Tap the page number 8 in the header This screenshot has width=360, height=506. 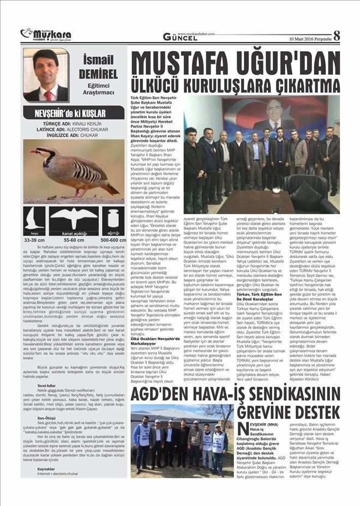[337, 36]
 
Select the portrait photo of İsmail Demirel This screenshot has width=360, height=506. [46, 75]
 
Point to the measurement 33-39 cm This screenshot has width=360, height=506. [34, 239]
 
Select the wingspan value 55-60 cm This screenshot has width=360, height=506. [74, 239]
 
